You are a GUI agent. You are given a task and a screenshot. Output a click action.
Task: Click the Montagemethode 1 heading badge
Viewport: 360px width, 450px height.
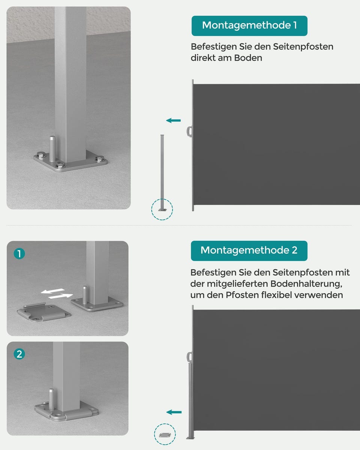[249, 25]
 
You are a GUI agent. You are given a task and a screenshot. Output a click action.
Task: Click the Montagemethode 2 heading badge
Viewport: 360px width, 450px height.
[249, 250]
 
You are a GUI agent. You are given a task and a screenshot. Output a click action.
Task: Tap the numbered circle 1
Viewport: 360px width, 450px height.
[19, 254]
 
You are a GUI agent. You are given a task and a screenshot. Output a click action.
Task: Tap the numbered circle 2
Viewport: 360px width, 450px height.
[19, 354]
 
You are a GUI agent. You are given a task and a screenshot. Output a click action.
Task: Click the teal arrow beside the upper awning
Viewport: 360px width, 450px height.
[174, 120]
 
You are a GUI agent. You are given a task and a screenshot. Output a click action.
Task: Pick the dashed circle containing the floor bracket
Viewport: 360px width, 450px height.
[165, 434]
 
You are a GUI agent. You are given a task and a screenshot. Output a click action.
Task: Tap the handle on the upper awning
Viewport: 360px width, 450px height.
[189, 131]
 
